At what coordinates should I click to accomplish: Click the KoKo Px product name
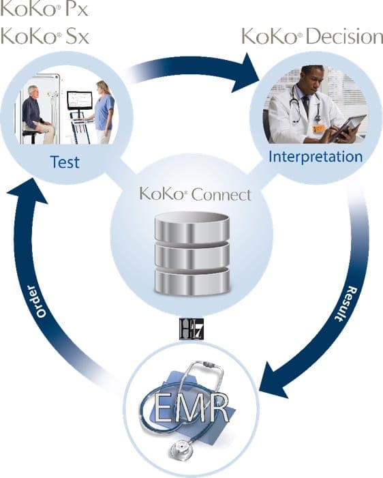pos(44,8)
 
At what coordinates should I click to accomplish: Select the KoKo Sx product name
pos(45,36)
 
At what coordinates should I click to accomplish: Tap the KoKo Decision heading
pos(312,36)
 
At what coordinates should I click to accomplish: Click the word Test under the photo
pos(65,162)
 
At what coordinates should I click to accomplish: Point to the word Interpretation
pos(316,157)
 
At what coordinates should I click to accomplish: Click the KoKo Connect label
pos(196,194)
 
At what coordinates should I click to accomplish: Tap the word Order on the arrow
pos(37,301)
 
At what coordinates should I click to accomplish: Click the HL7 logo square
pos(191,329)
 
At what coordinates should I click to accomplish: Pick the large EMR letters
pos(191,408)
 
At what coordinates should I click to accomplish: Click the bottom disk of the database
pos(191,282)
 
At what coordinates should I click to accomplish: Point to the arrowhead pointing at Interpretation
pos(245,72)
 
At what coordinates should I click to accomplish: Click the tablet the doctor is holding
pos(349,127)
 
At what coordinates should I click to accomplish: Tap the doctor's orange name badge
pos(319,128)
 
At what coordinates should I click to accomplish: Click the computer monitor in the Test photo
pos(80,101)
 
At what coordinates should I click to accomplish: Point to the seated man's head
pos(33,91)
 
